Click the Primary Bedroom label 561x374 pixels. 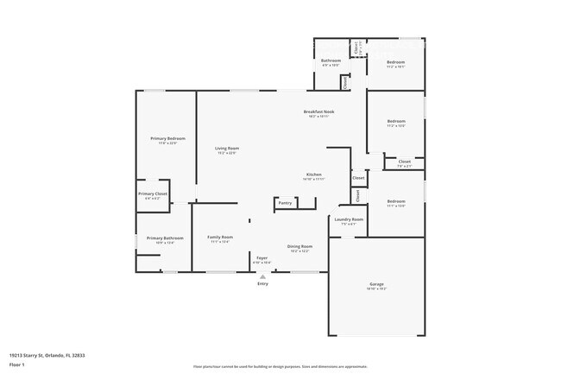click(x=167, y=138)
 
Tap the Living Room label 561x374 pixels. click(x=227, y=149)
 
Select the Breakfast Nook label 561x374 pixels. click(x=318, y=111)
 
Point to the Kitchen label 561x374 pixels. click(x=313, y=174)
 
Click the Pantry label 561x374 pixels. click(x=285, y=204)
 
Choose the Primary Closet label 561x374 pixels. click(x=153, y=193)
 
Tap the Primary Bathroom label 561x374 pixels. click(x=165, y=238)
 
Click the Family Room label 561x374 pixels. click(x=220, y=238)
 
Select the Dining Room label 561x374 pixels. click(x=299, y=246)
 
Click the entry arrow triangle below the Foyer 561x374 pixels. click(x=262, y=276)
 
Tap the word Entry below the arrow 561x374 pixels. click(x=262, y=283)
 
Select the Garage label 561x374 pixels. click(x=376, y=284)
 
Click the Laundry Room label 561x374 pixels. click(x=349, y=219)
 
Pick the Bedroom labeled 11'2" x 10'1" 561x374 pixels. click(x=395, y=62)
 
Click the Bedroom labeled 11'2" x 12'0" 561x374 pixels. click(x=395, y=121)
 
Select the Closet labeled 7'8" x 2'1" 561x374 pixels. click(x=404, y=162)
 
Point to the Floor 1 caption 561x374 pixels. click(x=18, y=364)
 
